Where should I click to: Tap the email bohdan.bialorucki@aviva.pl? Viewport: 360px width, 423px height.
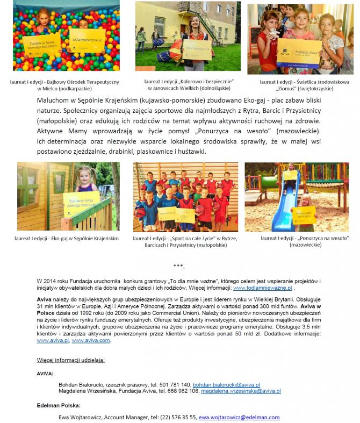coord(226,385)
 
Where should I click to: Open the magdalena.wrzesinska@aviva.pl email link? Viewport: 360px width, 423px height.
coord(241,391)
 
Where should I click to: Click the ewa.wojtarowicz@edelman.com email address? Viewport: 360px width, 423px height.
coord(239,417)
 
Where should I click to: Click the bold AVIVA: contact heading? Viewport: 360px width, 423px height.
coord(45,372)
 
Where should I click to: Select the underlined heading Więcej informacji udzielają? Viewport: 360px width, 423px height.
coord(71,359)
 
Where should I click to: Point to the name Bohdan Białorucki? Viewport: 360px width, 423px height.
coord(81,385)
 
